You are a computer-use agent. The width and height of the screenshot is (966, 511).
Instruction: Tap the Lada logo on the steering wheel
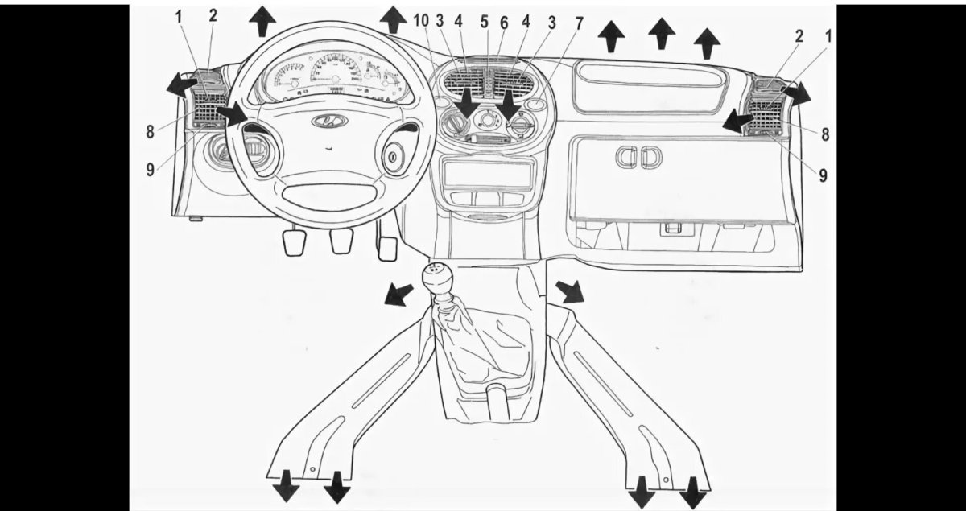point(330,122)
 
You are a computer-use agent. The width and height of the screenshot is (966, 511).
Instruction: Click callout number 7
point(578,23)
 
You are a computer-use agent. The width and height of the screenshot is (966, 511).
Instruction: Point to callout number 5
point(485,22)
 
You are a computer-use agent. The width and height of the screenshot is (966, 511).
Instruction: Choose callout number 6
point(504,23)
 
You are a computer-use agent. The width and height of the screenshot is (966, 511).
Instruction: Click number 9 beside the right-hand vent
point(823,175)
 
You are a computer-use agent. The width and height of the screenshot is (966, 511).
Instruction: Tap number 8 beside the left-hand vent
point(150,132)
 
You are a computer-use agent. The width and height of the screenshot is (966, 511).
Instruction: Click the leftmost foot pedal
point(295,243)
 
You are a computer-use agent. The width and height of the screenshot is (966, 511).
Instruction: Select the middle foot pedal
point(341,241)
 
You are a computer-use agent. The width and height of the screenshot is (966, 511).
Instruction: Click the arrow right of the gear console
point(570,291)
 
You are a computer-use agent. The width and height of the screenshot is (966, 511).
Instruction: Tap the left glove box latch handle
point(627,157)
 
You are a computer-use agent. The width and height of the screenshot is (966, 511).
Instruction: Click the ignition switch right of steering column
point(394,158)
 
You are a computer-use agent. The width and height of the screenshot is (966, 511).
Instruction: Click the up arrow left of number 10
point(393,19)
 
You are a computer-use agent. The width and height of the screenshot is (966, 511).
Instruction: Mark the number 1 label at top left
point(179,18)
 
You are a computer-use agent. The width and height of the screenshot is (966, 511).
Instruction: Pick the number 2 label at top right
point(799,37)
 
